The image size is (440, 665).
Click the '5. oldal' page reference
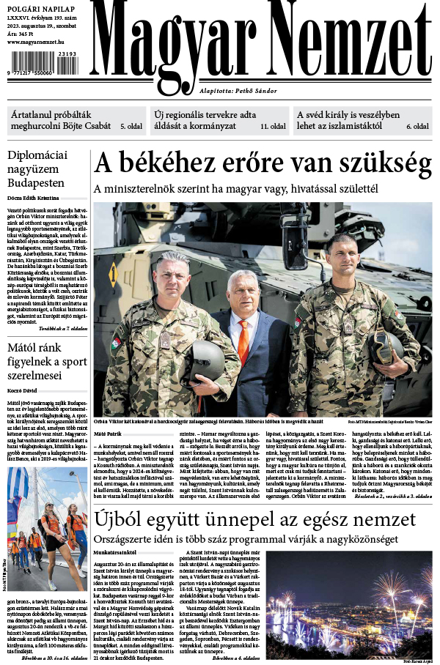pos(132,127)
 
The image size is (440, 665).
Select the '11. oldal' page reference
pos(273,127)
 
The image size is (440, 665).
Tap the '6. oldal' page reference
pos(417,127)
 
